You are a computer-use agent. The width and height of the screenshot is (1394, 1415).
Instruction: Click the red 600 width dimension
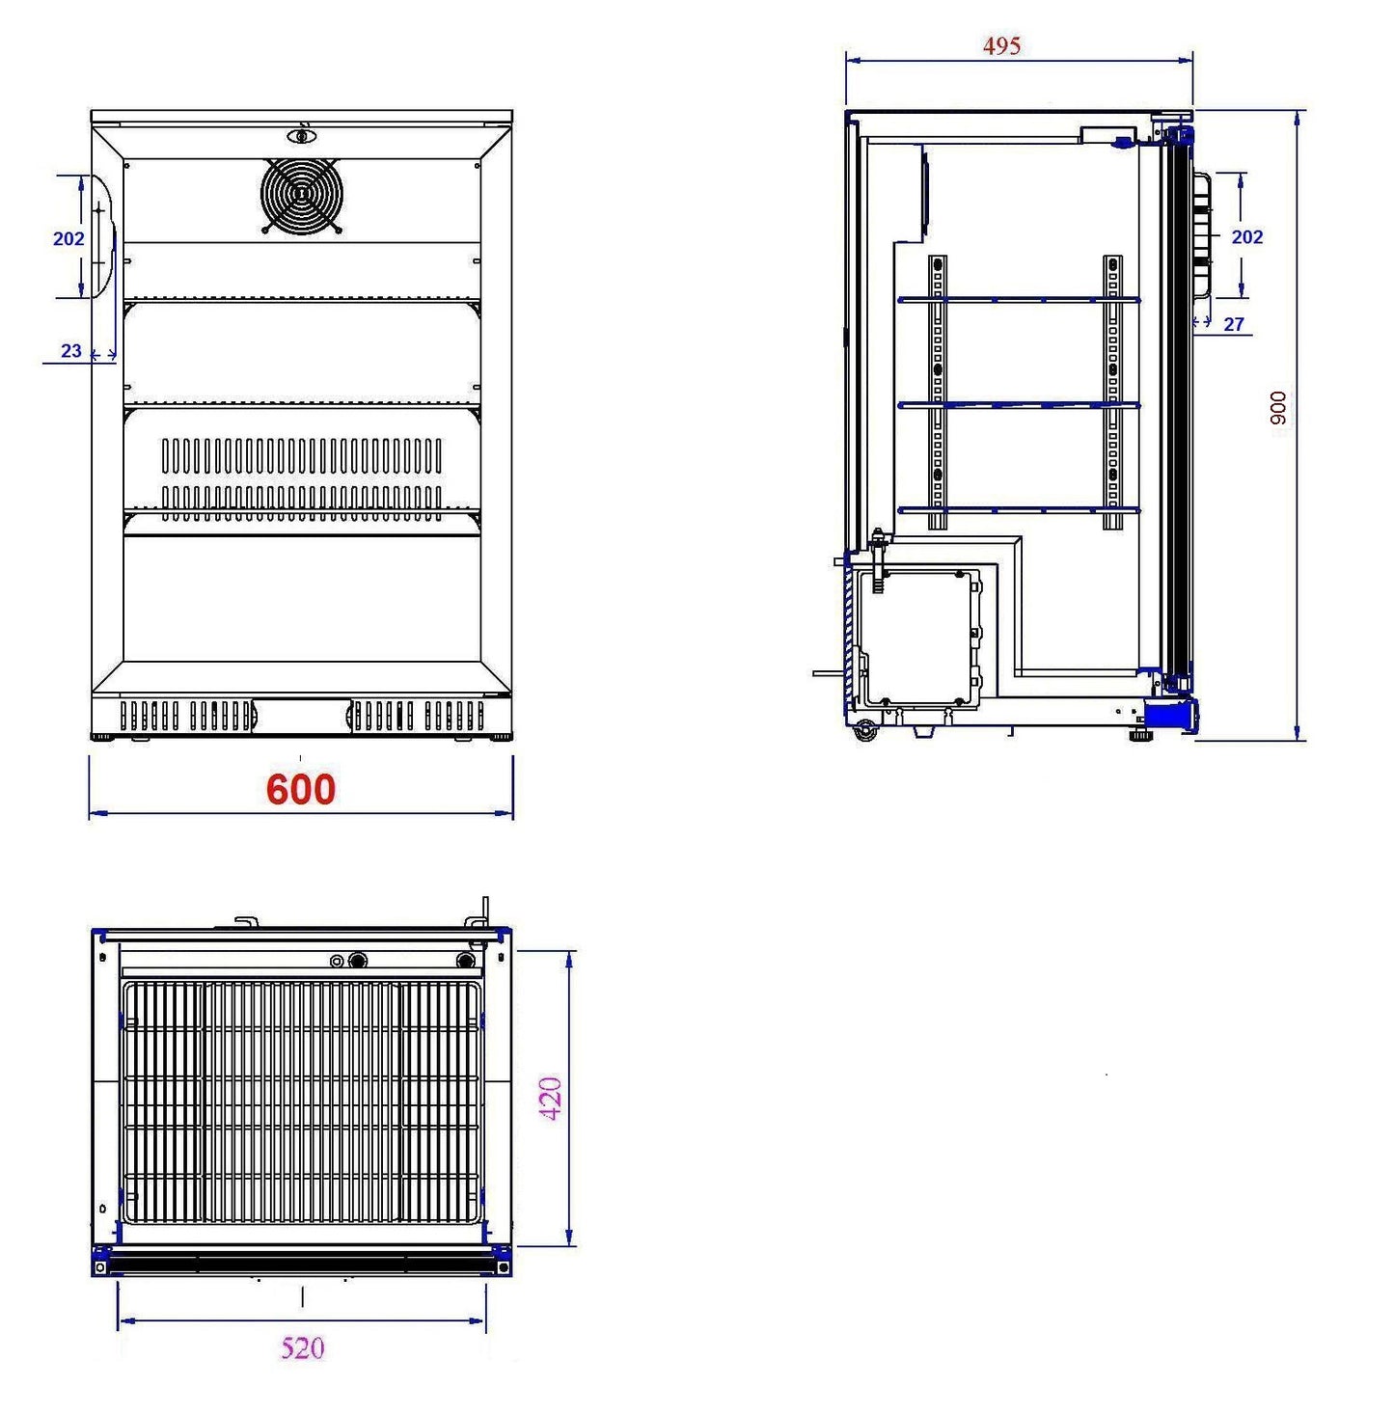(x=301, y=789)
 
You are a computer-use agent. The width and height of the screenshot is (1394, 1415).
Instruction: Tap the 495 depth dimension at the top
(x=1001, y=45)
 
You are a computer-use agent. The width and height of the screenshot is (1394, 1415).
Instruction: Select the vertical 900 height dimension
(x=1278, y=408)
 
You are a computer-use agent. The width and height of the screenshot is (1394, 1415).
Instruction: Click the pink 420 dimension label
(x=549, y=1099)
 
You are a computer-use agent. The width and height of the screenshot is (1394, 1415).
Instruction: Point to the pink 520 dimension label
(x=302, y=1347)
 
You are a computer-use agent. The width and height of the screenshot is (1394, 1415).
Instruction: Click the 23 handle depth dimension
(x=71, y=351)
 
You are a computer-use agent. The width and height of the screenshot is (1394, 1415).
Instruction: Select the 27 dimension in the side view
(x=1234, y=325)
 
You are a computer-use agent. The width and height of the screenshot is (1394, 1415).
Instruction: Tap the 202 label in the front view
(x=68, y=238)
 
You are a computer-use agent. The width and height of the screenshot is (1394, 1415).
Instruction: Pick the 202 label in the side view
(x=1247, y=236)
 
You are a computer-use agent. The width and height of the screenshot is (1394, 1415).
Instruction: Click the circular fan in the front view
(x=301, y=195)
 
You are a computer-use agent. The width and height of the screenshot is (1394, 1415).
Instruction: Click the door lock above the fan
(x=301, y=135)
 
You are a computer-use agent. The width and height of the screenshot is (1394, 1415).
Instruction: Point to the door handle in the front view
(x=104, y=236)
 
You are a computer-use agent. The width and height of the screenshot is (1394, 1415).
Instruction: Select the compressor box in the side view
(x=920, y=638)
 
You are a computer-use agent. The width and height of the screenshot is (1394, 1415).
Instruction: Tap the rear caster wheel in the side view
(x=865, y=731)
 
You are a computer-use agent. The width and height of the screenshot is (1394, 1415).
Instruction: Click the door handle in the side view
(x=1202, y=236)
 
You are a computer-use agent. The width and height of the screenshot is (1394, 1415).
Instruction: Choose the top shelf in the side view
(x=1018, y=300)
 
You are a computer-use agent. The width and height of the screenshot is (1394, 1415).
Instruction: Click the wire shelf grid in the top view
(x=302, y=1102)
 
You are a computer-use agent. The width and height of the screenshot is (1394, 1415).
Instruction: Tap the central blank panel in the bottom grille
(x=301, y=716)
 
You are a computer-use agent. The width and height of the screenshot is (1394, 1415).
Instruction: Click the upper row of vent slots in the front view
(x=301, y=455)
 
